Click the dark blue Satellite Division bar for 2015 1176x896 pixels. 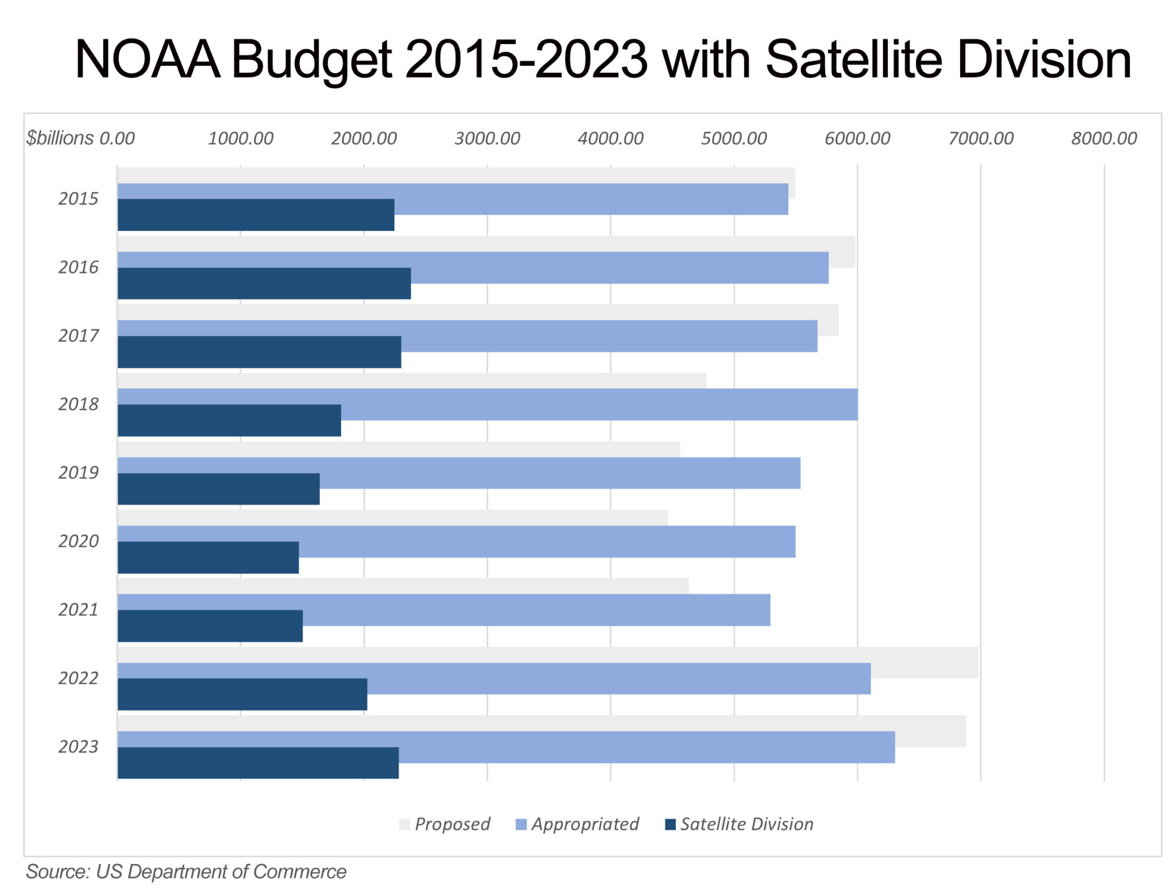tap(256, 215)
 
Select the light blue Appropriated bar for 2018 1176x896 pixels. tap(597, 397)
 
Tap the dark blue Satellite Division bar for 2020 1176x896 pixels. tap(208, 557)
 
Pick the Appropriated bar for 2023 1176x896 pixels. tap(643, 739)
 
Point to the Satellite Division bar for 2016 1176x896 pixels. tap(264, 284)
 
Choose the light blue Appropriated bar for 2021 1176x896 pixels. tap(534, 602)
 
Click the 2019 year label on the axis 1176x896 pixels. tap(78, 472)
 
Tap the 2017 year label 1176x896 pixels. tap(78, 335)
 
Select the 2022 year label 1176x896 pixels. tap(78, 678)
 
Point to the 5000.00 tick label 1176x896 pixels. tap(733, 138)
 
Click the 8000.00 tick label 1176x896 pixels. tap(1104, 138)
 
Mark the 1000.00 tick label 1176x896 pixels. tap(240, 138)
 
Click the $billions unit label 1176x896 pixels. tap(60, 138)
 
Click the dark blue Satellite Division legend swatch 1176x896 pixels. tap(670, 825)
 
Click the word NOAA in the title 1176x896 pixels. tap(147, 60)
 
